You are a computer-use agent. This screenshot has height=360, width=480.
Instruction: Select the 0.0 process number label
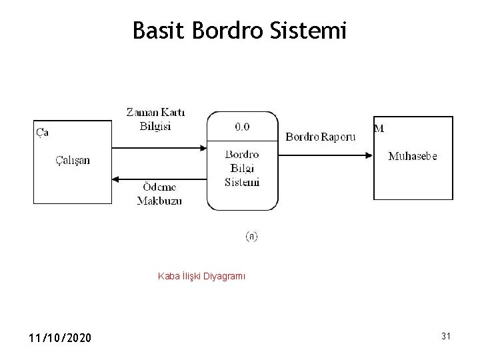click(242, 125)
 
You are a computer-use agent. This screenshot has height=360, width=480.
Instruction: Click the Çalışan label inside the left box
click(73, 160)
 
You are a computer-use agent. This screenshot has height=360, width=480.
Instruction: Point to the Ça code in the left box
click(42, 131)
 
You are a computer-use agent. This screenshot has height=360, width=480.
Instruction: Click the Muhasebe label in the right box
click(413, 156)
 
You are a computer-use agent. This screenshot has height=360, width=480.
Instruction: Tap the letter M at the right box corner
click(379, 129)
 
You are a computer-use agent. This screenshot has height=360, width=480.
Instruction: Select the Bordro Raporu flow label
click(321, 137)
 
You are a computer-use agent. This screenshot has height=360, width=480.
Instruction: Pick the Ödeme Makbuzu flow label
click(159, 193)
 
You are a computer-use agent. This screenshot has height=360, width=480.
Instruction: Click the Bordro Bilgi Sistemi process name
click(242, 167)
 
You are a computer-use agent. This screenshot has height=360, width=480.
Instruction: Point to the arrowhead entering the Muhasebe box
click(368, 155)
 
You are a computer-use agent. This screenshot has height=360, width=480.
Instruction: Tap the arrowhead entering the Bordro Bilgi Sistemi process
click(202, 147)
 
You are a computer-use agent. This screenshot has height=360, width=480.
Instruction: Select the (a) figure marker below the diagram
click(252, 236)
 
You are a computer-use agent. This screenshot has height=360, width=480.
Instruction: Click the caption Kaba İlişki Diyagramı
click(201, 275)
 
